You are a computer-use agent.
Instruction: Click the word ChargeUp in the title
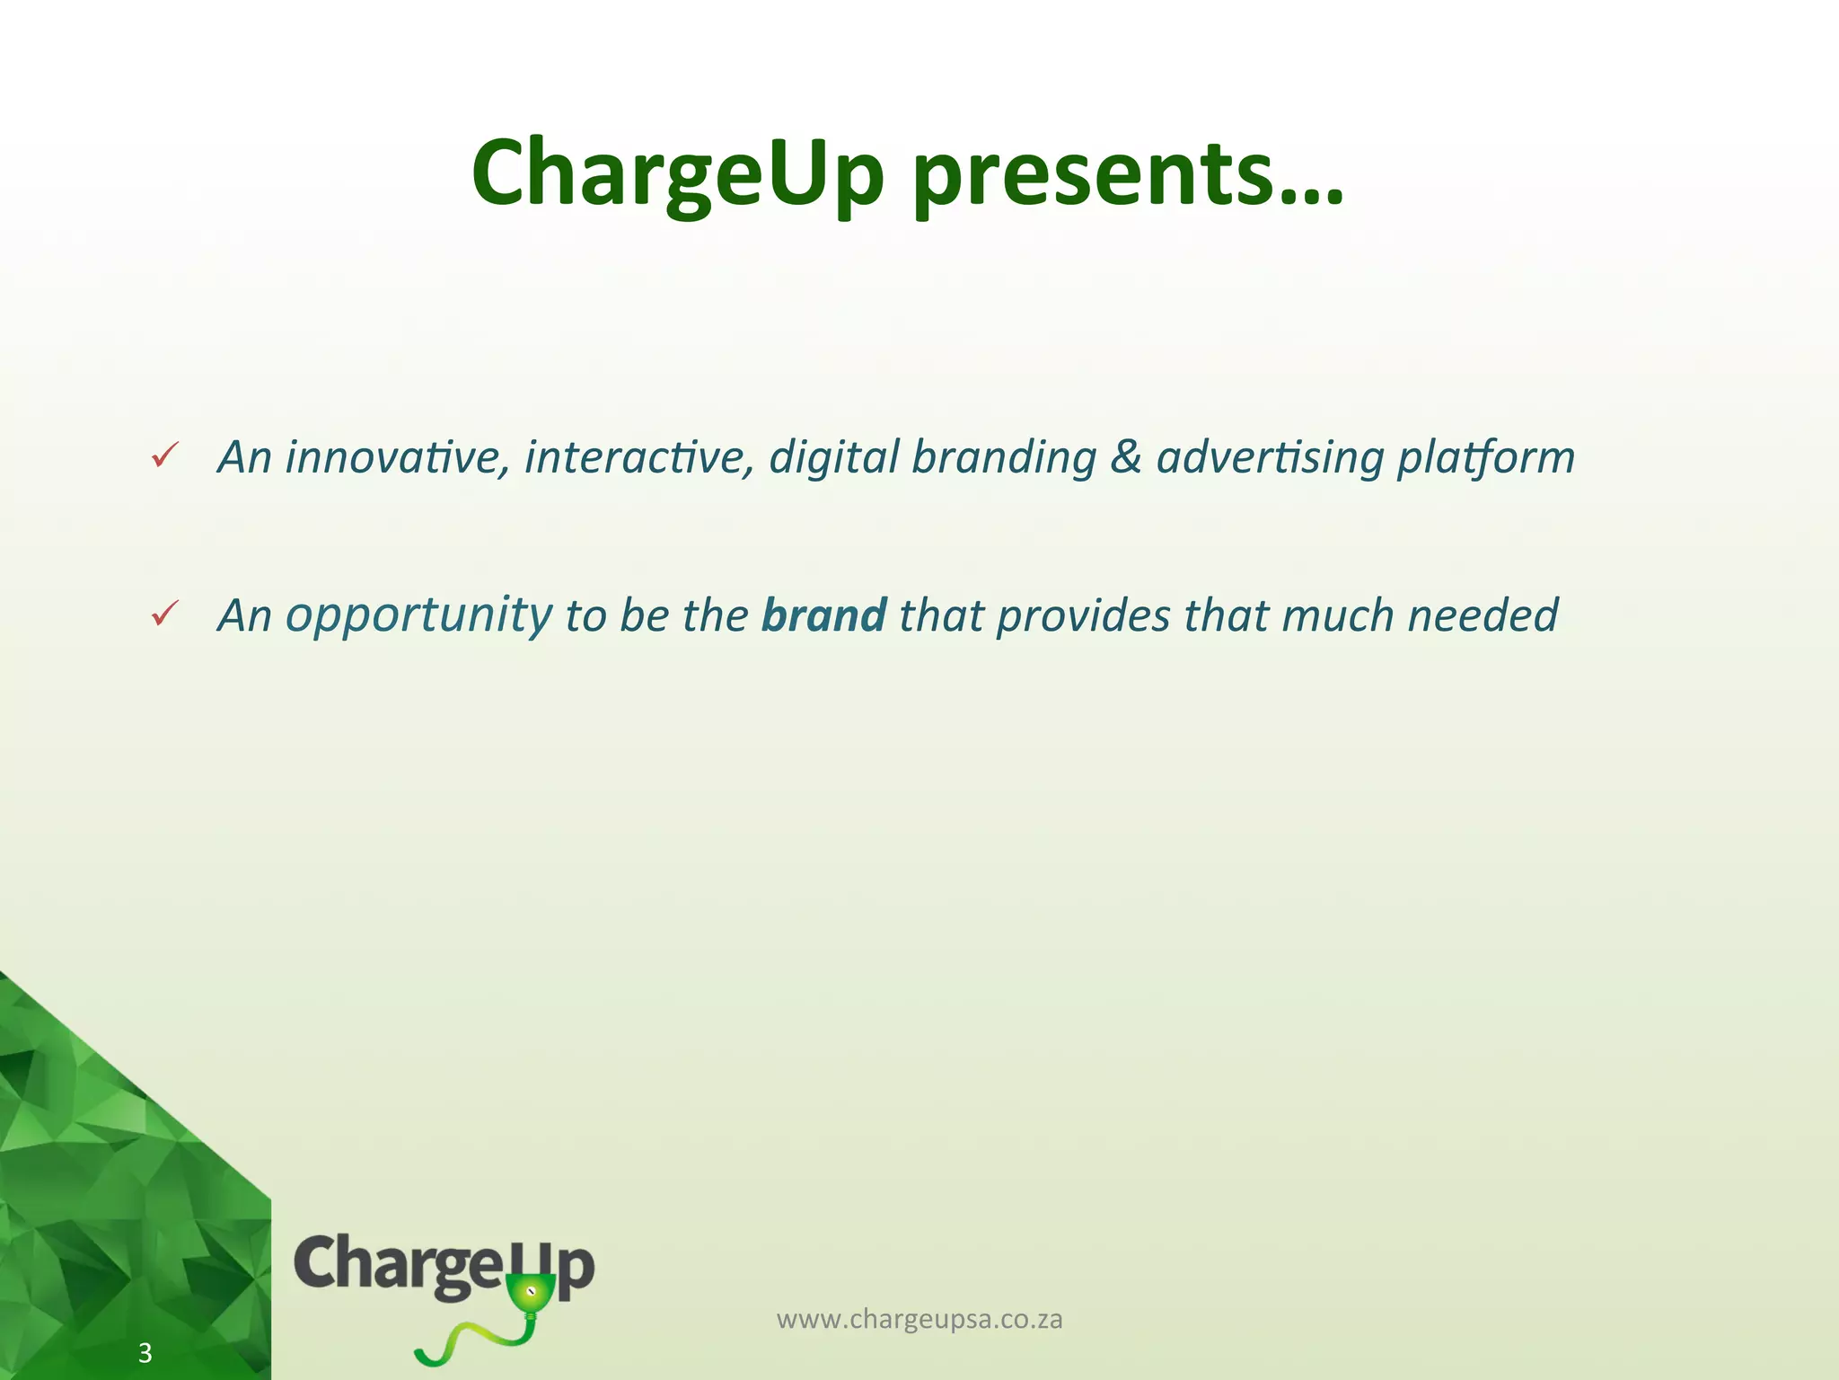[x=678, y=172]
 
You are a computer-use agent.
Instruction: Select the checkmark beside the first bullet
[x=165, y=456]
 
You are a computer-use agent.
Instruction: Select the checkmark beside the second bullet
[x=165, y=615]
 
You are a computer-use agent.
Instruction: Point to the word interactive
[x=638, y=456]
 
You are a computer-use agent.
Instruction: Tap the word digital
[x=833, y=456]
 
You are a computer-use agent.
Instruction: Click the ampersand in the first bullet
[x=1125, y=456]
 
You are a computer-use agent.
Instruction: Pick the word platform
[x=1485, y=458]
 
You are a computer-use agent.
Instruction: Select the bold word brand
[x=823, y=615]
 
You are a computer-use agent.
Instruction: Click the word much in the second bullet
[x=1337, y=615]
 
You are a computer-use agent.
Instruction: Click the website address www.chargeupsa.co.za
[x=919, y=1319]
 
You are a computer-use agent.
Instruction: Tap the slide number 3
[x=145, y=1353]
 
